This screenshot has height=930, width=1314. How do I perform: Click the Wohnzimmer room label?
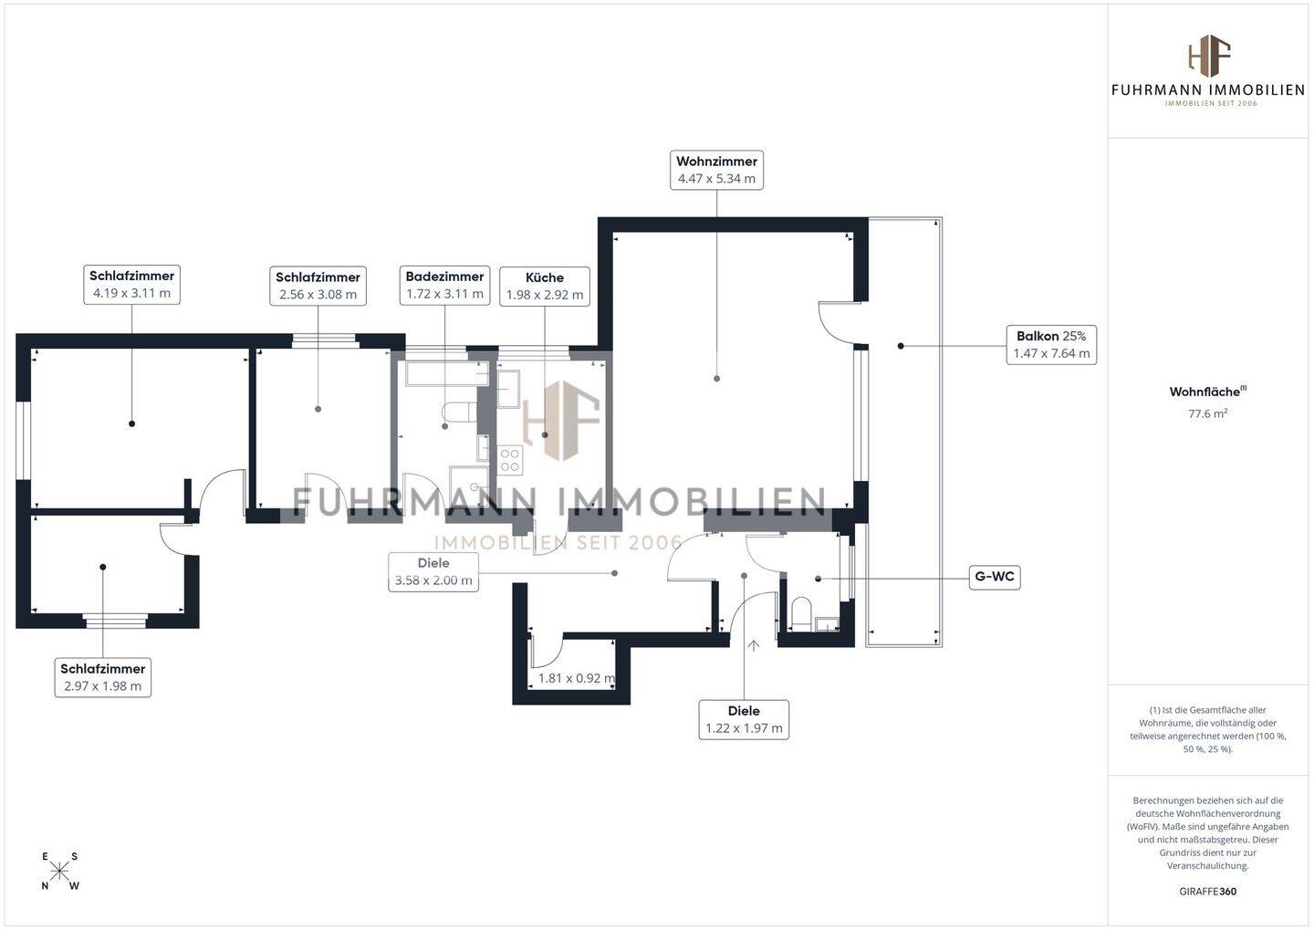click(x=716, y=170)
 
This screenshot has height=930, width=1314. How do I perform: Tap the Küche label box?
click(x=545, y=286)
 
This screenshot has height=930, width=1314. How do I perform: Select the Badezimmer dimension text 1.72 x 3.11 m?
click(x=444, y=294)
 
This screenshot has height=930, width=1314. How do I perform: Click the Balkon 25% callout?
click(x=1051, y=344)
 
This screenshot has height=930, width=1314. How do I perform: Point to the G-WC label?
click(x=995, y=577)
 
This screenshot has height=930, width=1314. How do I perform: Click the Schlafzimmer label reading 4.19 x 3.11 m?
click(x=131, y=284)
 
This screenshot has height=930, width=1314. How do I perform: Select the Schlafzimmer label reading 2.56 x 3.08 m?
click(x=318, y=286)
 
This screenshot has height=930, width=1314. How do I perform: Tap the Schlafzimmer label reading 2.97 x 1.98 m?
click(x=102, y=677)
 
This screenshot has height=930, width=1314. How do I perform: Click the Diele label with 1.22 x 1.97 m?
click(x=744, y=719)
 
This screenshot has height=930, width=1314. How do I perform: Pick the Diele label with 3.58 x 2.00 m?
click(x=433, y=571)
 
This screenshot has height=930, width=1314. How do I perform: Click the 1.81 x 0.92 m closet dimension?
click(x=576, y=678)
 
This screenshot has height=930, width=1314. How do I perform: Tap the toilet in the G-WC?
click(x=801, y=612)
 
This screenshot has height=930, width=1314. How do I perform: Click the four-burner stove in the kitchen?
click(x=509, y=460)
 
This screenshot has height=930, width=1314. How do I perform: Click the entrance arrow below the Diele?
click(x=754, y=647)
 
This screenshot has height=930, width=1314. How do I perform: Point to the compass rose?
click(x=60, y=871)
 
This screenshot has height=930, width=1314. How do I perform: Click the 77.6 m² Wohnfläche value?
click(x=1207, y=413)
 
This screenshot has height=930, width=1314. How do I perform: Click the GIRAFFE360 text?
click(x=1207, y=892)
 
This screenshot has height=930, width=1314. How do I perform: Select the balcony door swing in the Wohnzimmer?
click(x=836, y=321)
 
